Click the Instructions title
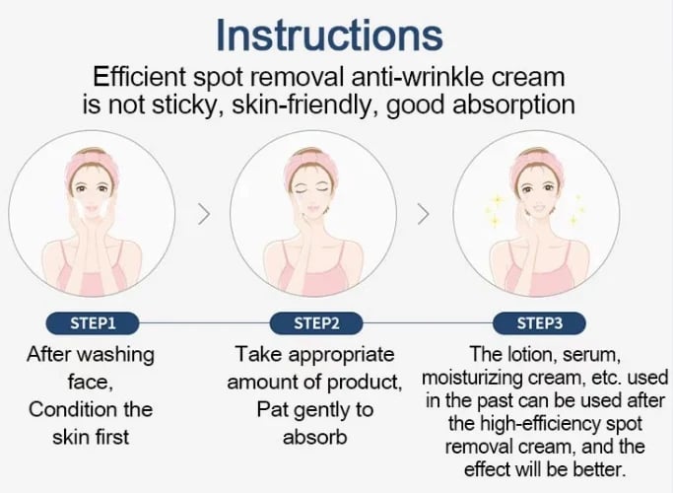(x=329, y=35)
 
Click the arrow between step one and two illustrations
(x=205, y=213)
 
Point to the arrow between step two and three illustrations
(x=425, y=213)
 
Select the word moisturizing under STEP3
(x=471, y=378)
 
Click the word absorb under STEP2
(x=313, y=436)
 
